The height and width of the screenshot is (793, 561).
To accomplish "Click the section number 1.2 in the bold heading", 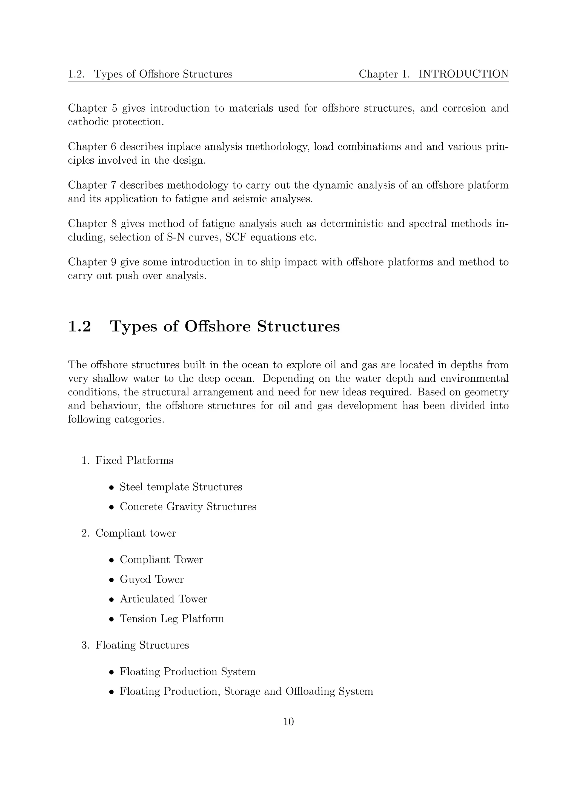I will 79,326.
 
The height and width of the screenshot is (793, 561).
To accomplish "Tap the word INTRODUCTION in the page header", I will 463,74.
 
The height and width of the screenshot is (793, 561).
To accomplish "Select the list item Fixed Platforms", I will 134,461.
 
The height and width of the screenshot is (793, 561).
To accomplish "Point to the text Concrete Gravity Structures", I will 188,507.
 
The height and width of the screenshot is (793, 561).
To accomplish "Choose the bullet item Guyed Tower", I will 151,579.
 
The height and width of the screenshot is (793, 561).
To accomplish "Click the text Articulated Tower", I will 163,599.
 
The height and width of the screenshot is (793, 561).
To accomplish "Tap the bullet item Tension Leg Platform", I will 172,619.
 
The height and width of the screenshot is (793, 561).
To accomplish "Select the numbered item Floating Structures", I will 142,645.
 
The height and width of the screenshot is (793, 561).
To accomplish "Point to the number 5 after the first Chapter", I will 115,108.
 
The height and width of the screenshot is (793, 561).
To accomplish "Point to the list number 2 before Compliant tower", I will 85,533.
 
